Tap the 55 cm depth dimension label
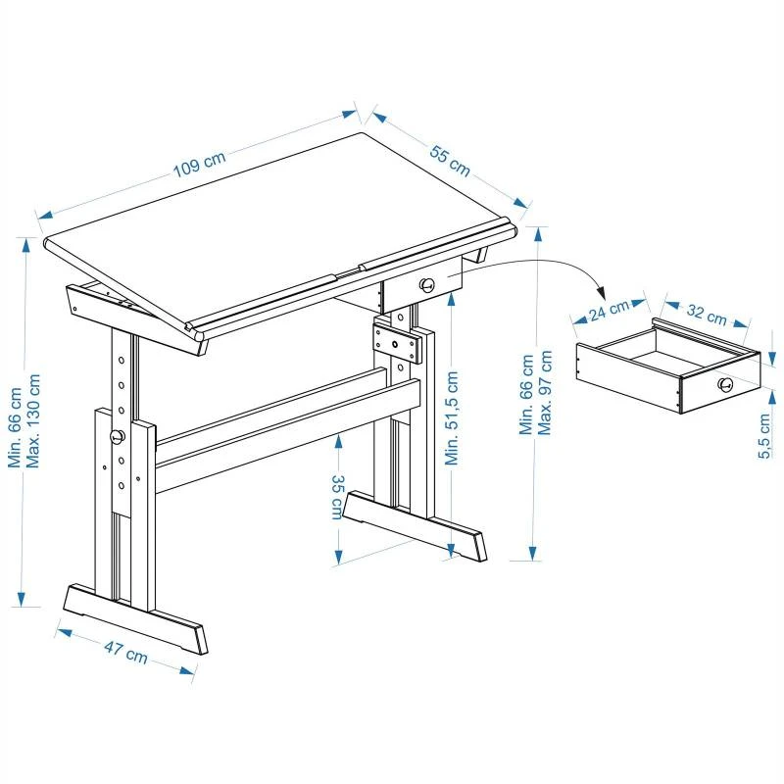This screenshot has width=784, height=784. [450, 160]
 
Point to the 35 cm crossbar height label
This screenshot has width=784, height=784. [336, 497]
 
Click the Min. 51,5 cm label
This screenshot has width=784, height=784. [452, 417]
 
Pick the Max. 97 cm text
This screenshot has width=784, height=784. [547, 392]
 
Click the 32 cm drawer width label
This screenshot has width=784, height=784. [706, 315]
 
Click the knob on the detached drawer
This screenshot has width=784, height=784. [724, 385]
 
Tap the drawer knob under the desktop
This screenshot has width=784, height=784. [427, 285]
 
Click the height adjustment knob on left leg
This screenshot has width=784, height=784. [117, 436]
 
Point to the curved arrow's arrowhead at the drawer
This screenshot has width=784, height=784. [602, 294]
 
